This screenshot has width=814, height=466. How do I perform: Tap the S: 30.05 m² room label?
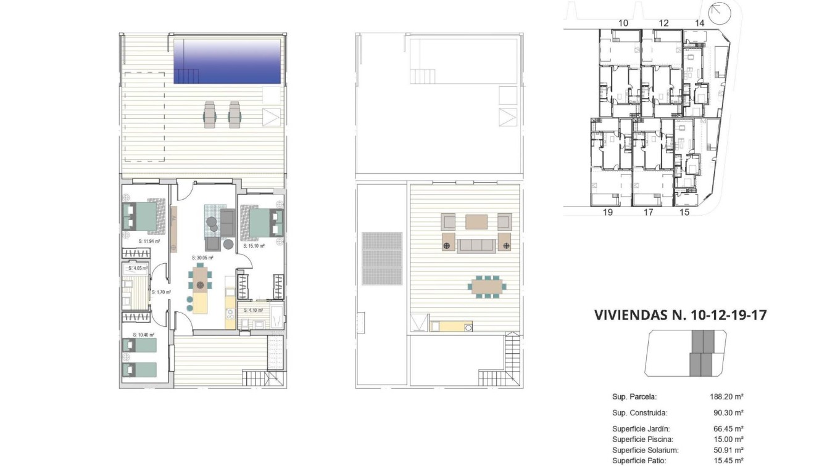tap(202, 258)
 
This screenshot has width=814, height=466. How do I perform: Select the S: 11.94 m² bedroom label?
tap(149, 242)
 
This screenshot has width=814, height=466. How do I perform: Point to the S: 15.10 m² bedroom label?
tap(254, 246)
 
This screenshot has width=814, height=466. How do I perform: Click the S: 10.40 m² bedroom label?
tap(143, 335)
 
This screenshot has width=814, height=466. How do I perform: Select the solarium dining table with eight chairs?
tap(488, 287)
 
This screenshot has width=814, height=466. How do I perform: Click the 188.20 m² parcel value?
tap(728, 397)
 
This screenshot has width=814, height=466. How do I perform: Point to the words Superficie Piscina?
tap(642, 439)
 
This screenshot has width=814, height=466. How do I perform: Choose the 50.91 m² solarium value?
tap(728, 450)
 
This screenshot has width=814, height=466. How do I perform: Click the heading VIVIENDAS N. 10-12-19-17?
tap(680, 315)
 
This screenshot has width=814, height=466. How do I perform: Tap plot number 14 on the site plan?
tap(699, 23)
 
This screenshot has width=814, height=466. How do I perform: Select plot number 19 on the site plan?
tap(607, 213)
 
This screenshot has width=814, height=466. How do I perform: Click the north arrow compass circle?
tap(718, 12)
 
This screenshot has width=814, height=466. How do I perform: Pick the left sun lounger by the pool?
tap(210, 114)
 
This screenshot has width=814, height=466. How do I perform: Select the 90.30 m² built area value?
tap(728, 413)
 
